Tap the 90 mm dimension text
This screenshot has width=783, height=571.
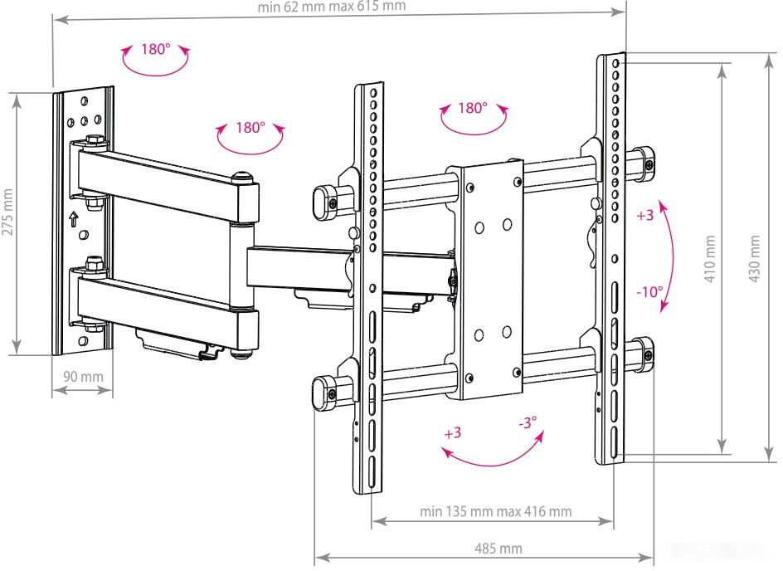tap(83, 377)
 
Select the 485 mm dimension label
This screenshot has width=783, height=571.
tap(498, 549)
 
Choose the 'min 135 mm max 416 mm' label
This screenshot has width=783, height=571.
tap(495, 511)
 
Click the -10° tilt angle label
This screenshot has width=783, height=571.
tap(649, 292)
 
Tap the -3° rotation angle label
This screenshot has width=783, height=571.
tap(528, 422)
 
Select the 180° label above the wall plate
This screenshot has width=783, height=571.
tap(154, 49)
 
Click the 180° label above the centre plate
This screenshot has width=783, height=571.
tap(471, 108)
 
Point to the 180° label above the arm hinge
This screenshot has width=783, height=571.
tap(250, 128)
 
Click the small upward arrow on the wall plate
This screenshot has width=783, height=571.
tap(73, 220)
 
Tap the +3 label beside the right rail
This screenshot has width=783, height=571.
tap(645, 216)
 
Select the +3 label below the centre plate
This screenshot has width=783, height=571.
tap(452, 433)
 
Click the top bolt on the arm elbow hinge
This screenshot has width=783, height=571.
tap(243, 177)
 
